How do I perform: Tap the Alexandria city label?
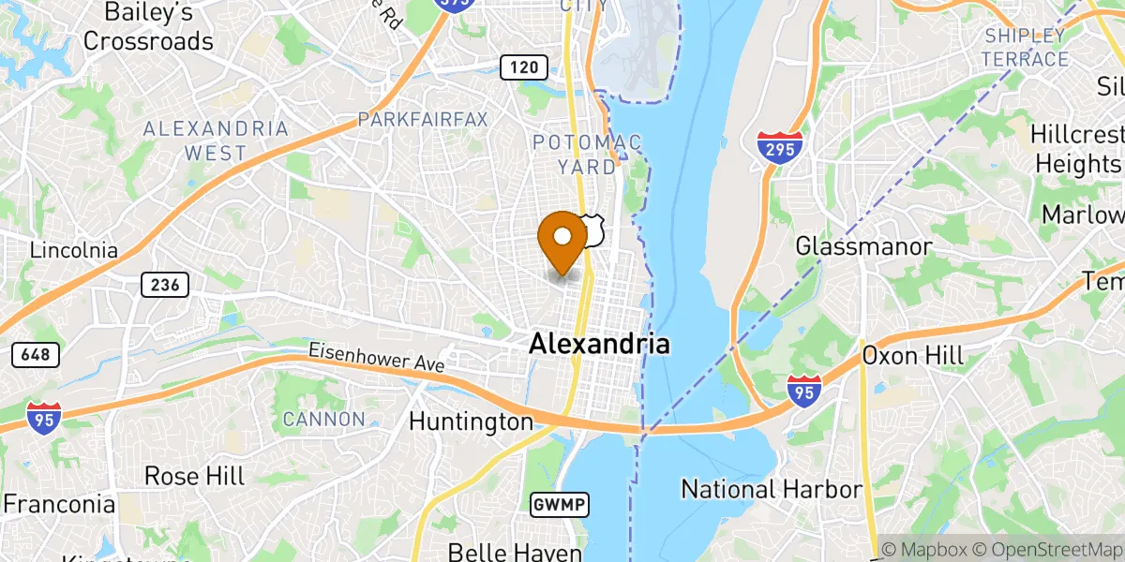599,344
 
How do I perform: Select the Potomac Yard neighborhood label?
587,155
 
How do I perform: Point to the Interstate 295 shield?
780,148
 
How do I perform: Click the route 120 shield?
523,67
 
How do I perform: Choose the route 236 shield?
166,285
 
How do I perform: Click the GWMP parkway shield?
559,505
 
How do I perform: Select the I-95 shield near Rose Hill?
42,417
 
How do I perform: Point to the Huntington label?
471,421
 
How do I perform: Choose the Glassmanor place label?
863,246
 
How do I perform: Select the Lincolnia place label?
74,251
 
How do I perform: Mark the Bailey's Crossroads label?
148,27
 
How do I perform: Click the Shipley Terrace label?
1027,48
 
